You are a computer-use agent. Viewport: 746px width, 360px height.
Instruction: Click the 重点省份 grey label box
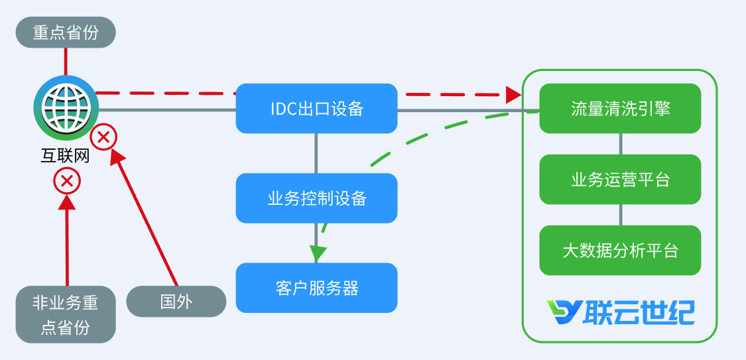(x=66, y=32)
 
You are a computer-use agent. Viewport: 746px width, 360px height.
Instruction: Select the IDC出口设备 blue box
(x=316, y=108)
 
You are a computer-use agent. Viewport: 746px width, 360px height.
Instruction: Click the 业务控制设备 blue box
(x=316, y=198)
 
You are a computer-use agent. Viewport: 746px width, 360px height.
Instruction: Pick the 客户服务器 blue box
(x=316, y=288)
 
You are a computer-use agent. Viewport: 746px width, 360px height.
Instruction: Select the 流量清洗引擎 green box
(x=620, y=108)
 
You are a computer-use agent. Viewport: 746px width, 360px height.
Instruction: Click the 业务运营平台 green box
(x=620, y=179)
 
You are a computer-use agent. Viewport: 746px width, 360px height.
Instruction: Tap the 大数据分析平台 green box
(x=620, y=250)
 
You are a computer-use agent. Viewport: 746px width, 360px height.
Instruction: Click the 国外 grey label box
(x=176, y=301)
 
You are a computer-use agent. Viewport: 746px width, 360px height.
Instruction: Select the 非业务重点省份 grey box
(x=66, y=314)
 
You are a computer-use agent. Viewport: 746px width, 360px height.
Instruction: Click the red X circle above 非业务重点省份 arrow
(x=67, y=180)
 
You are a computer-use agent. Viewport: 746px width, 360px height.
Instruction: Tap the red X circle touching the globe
(x=103, y=137)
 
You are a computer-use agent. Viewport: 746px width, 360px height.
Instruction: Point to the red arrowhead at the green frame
(x=513, y=94)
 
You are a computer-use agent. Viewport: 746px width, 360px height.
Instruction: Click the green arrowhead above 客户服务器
(x=318, y=253)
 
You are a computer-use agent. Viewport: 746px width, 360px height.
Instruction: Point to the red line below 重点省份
(x=66, y=61)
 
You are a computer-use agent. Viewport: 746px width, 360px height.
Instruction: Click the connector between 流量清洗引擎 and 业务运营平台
(x=620, y=144)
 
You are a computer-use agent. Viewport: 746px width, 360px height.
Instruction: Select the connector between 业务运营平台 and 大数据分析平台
(x=620, y=215)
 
